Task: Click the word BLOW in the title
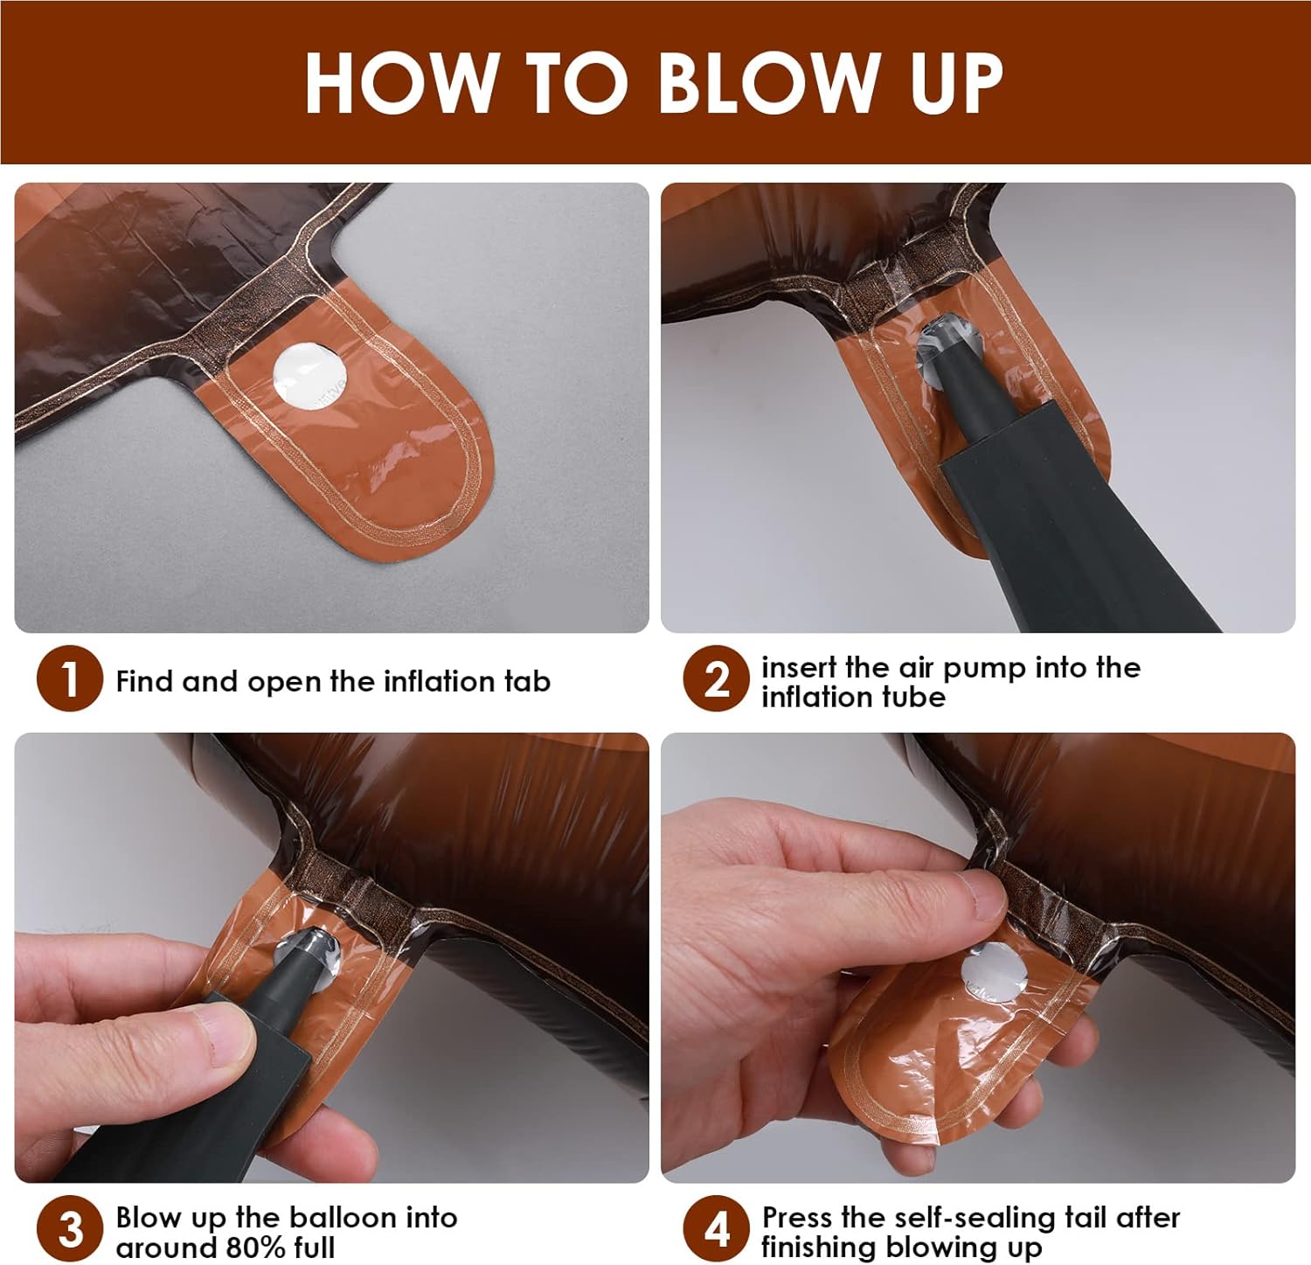(767, 82)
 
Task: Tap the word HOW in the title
(400, 82)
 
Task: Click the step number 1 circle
(70, 678)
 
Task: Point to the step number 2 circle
(716, 678)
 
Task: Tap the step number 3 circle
(70, 1228)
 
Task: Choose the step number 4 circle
(716, 1228)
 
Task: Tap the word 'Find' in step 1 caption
(144, 681)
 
